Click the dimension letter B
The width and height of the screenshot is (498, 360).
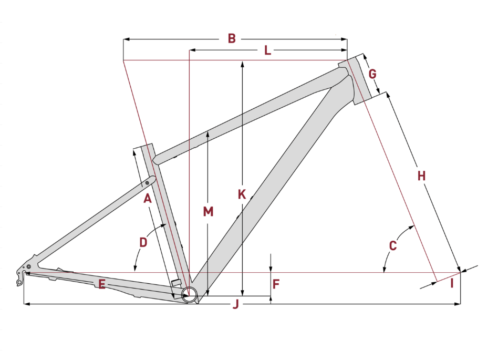232,38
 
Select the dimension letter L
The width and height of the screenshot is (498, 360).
267,50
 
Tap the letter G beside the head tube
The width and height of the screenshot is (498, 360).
372,74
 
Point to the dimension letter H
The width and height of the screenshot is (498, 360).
421,176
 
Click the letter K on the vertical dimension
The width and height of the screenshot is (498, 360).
242,194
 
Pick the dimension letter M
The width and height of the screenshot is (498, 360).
209,211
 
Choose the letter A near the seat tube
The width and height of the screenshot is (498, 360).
148,199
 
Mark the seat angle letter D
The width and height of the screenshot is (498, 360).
143,242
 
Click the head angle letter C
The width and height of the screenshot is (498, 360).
393,245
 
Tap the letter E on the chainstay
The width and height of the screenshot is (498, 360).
101,284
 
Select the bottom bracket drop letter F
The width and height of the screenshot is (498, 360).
276,284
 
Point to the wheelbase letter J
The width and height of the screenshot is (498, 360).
235,304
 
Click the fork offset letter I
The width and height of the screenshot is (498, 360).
452,283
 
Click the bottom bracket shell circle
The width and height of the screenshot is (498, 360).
189,295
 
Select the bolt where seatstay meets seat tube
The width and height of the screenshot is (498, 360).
148,182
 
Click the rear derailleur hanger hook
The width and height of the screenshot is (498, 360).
19,281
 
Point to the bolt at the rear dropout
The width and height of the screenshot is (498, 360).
28,266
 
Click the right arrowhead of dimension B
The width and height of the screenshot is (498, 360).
344,39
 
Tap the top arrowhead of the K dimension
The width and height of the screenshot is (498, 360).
242,64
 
